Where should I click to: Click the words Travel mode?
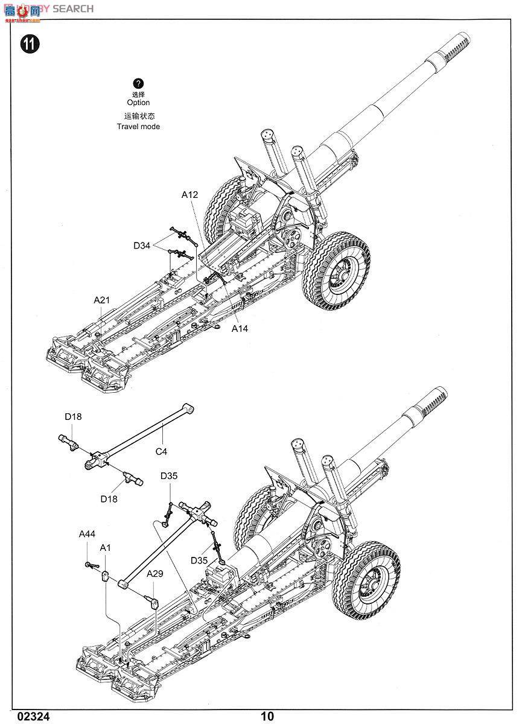(x=138, y=127)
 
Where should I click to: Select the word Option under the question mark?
(x=138, y=103)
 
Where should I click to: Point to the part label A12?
(x=189, y=195)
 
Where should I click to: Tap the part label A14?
(x=240, y=329)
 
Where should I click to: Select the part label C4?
(x=161, y=451)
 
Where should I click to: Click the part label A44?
(x=87, y=534)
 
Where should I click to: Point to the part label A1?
(x=106, y=547)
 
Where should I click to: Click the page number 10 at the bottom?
(x=267, y=716)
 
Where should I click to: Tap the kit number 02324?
(x=34, y=716)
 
